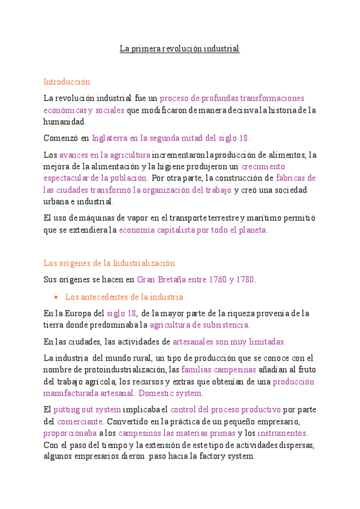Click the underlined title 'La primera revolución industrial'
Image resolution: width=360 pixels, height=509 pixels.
pyautogui.click(x=179, y=49)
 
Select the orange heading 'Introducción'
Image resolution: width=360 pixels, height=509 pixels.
pyautogui.click(x=67, y=82)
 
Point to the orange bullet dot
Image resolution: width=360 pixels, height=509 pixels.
pyautogui.click(x=55, y=297)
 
